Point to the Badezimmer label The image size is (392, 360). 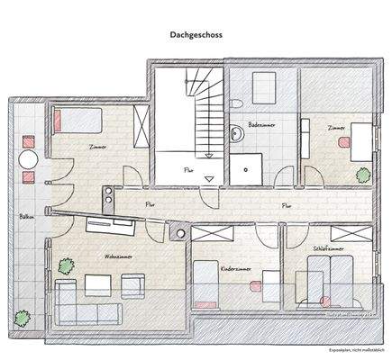click(x=261, y=125)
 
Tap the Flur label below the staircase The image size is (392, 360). click(x=187, y=168)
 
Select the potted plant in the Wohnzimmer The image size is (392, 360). click(x=65, y=265)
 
